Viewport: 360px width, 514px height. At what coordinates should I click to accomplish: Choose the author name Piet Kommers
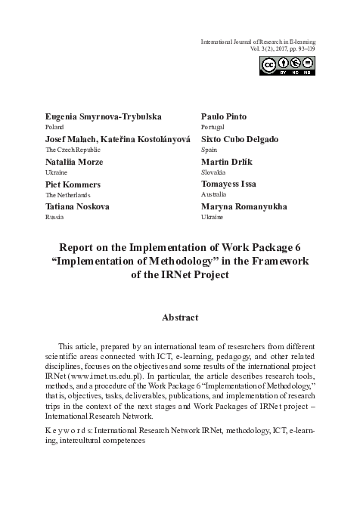click(74, 184)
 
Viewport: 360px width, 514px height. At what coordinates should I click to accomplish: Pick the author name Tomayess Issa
click(234, 184)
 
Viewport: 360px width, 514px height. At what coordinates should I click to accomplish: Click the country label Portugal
click(213, 128)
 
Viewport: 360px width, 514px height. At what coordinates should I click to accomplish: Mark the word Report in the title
click(80, 246)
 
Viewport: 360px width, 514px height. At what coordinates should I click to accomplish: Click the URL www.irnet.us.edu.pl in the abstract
click(112, 373)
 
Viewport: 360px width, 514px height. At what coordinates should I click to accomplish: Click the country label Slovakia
click(214, 172)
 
